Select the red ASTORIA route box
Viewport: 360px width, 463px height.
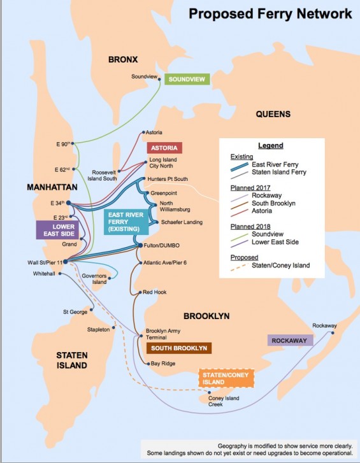tap(164, 148)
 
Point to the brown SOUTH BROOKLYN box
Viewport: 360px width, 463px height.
tap(178, 348)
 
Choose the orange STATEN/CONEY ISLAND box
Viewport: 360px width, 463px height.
tap(226, 379)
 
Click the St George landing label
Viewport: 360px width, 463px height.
tap(75, 312)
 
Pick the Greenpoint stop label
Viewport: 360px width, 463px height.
tap(165, 192)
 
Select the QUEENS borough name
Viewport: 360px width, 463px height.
tap(273, 114)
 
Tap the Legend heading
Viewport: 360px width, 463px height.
tap(270, 145)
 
